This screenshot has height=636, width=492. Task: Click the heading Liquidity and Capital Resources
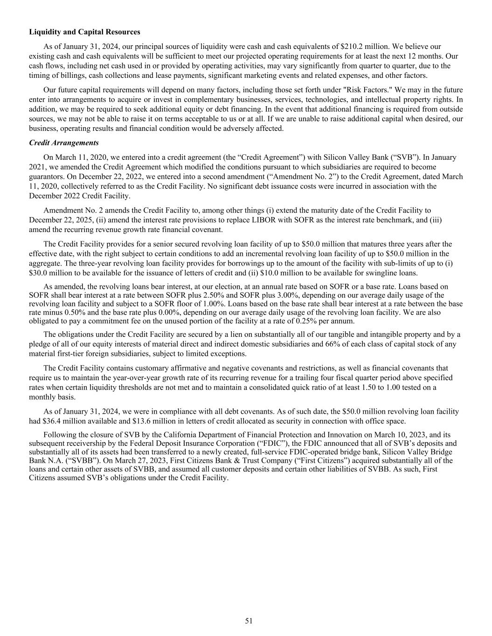click(84, 32)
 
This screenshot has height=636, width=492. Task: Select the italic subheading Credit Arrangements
click(63, 143)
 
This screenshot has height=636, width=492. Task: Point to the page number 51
click(249, 621)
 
